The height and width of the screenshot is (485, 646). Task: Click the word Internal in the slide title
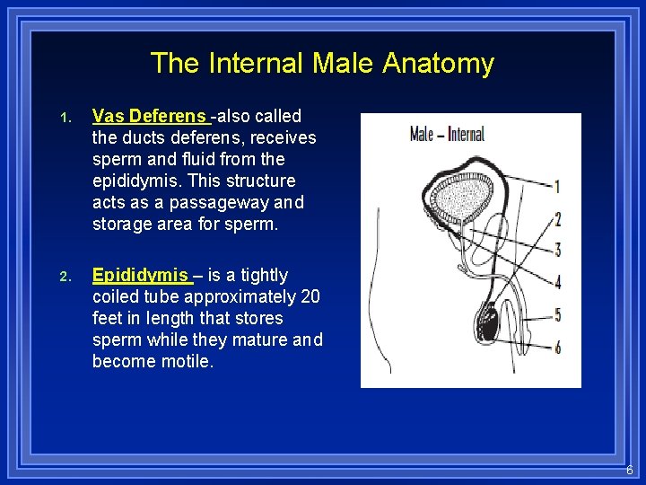[257, 63]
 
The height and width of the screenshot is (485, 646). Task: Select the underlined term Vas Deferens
[150, 116]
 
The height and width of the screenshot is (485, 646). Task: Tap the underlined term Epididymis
[140, 275]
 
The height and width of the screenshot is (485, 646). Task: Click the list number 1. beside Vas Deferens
[65, 118]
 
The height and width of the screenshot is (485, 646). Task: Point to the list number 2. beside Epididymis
[65, 277]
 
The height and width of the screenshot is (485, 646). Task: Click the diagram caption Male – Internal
[446, 135]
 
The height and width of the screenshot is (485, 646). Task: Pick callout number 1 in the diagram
[557, 187]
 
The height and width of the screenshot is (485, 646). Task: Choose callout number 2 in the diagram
[557, 218]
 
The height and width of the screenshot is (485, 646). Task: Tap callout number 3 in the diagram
[557, 250]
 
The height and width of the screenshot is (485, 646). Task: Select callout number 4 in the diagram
[557, 282]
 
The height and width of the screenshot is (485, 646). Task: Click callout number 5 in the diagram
[557, 314]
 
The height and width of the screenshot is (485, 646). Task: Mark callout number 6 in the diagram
[557, 347]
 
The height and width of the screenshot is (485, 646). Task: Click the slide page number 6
[630, 470]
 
